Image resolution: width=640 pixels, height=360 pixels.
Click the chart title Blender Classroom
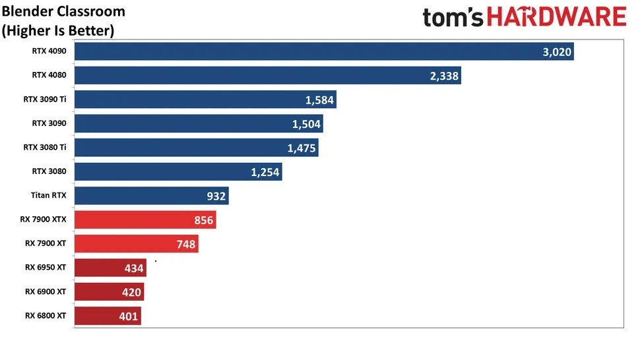(63, 12)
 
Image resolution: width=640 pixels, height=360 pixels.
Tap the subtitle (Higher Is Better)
(58, 30)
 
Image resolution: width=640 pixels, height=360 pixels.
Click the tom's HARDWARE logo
(525, 18)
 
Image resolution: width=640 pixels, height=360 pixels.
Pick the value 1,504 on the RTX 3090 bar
(306, 125)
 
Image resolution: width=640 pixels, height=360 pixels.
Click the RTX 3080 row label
(49, 171)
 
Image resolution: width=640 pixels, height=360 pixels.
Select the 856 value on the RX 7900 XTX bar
(204, 220)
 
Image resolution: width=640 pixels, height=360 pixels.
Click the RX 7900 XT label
(46, 243)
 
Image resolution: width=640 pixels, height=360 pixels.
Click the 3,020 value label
(557, 52)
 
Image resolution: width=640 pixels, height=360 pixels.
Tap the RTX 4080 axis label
(49, 75)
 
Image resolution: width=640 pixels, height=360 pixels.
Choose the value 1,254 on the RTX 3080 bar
(265, 173)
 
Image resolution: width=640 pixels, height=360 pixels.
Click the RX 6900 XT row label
(46, 291)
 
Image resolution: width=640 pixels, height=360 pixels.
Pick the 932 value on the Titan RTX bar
(216, 196)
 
